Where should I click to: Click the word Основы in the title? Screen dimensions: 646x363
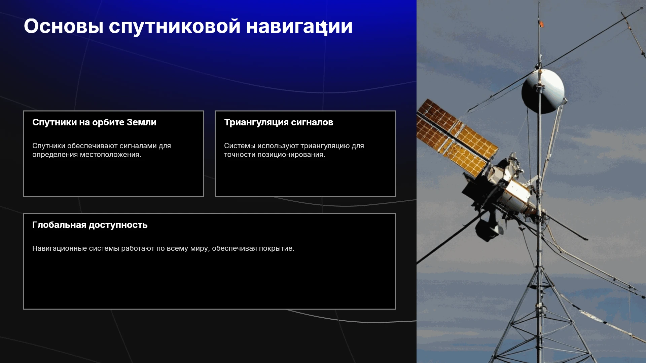tap(63, 26)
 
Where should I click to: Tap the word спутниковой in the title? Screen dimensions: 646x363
tap(175, 27)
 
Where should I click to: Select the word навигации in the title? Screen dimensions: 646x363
tap(299, 27)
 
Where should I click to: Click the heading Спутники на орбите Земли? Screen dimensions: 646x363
tap(94, 122)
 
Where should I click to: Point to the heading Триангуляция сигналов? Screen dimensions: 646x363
tap(279, 122)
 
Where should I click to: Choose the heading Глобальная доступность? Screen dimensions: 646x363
tap(90, 225)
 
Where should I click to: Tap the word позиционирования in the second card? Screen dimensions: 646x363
tap(291, 155)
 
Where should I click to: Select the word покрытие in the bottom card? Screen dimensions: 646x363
tap(278, 248)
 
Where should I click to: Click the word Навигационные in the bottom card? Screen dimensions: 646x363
tap(60, 248)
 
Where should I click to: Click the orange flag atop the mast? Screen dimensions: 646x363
tap(541, 24)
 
